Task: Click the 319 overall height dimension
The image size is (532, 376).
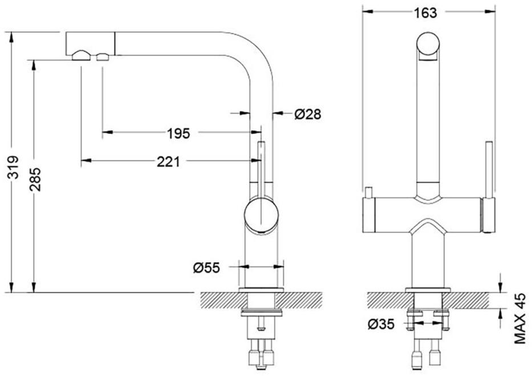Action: coord(13,167)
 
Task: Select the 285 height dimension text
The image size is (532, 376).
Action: coord(35,179)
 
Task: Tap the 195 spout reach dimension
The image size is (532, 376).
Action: coord(178,134)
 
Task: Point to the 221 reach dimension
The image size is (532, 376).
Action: coord(168,161)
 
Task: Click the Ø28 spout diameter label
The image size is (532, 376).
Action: coord(308,114)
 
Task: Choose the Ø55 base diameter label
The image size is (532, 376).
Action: coord(206,268)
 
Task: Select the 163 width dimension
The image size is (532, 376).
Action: coord(425,13)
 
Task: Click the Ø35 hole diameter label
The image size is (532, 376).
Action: coord(381,324)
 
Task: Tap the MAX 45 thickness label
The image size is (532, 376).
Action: coord(520,318)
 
